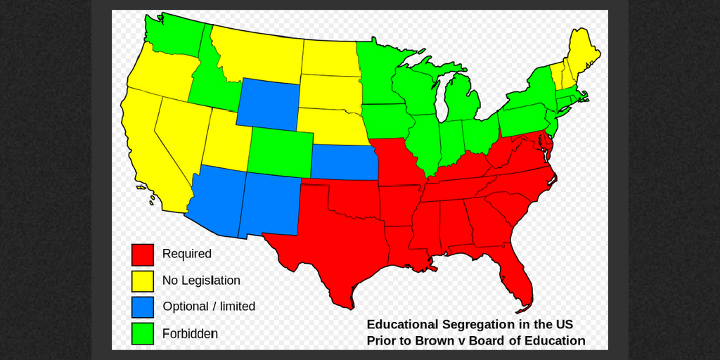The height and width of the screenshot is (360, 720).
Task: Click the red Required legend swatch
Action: pos(143,255)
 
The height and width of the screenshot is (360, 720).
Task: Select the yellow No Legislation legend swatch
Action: pos(143,281)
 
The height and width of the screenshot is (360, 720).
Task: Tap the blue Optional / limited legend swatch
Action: pos(143,307)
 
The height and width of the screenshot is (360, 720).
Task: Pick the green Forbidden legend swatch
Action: pos(143,333)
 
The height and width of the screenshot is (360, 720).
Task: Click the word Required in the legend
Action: pos(186,254)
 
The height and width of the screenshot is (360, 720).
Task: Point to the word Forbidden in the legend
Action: pos(190,333)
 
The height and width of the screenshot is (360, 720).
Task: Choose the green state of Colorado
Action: pos(280,153)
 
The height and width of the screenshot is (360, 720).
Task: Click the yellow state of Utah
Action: pos(226,141)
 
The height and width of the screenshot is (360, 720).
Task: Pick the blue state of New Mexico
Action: pos(269,204)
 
